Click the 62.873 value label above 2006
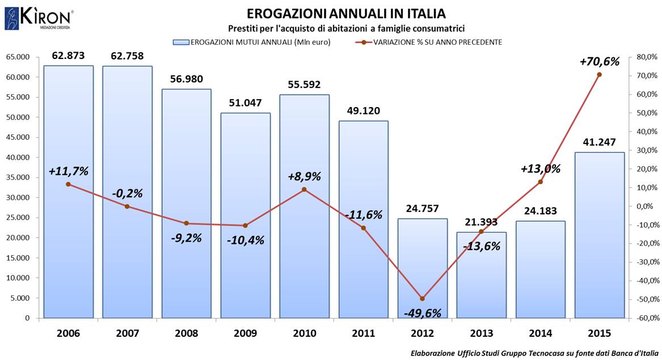click(68, 56)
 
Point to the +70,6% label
click(599, 61)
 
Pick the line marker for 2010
click(304, 189)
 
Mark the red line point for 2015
click(599, 74)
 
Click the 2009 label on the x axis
click(245, 333)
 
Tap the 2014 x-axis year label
click(540, 333)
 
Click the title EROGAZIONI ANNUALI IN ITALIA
click(346, 14)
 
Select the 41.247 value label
click(599, 143)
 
